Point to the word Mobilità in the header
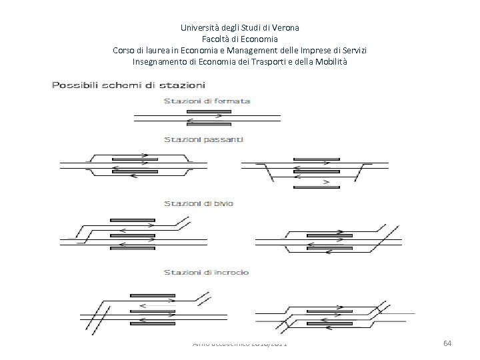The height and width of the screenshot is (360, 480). pyautogui.click(x=329, y=62)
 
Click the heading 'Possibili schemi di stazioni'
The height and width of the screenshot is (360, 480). pyautogui.click(x=129, y=85)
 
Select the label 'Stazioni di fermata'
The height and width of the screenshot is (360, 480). pyautogui.click(x=207, y=101)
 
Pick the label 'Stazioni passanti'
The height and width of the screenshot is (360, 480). pyautogui.click(x=204, y=139)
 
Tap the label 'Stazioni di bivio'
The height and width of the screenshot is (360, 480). pyautogui.click(x=199, y=203)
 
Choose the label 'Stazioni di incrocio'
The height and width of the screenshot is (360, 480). pyautogui.click(x=207, y=272)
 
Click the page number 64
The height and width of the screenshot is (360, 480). pyautogui.click(x=447, y=342)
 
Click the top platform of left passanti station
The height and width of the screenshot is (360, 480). pyautogui.click(x=138, y=153)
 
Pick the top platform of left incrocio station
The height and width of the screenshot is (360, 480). pyautogui.click(x=152, y=295)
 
